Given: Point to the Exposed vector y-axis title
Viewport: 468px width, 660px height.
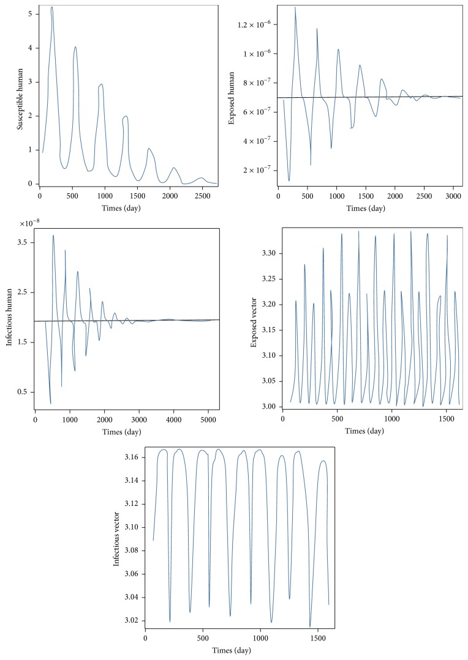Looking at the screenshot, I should [254, 319].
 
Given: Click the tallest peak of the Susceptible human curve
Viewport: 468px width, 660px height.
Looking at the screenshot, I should [52, 7].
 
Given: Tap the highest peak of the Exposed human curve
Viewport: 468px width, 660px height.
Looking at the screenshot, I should [295, 7].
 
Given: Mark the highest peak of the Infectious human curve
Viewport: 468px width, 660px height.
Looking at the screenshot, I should [53, 235].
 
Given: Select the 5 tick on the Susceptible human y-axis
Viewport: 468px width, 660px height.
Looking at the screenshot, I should [30, 13].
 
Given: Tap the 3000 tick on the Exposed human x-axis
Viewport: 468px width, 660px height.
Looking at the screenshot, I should [451, 196].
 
